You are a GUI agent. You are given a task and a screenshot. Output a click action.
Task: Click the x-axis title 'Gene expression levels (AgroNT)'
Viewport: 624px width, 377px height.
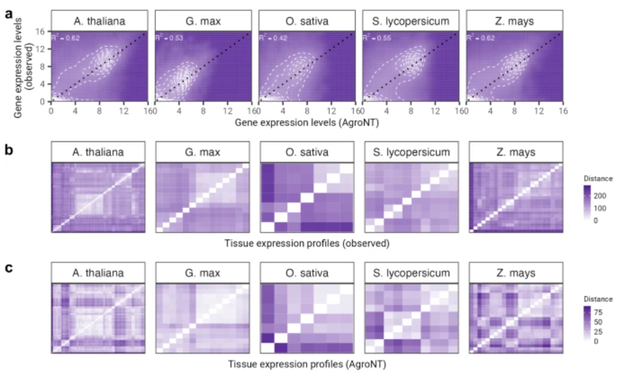[306, 120]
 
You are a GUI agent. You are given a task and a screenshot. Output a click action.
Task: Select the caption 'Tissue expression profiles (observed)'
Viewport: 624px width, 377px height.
[307, 243]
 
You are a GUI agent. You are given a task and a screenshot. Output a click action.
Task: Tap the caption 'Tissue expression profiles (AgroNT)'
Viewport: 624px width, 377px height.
[307, 365]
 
